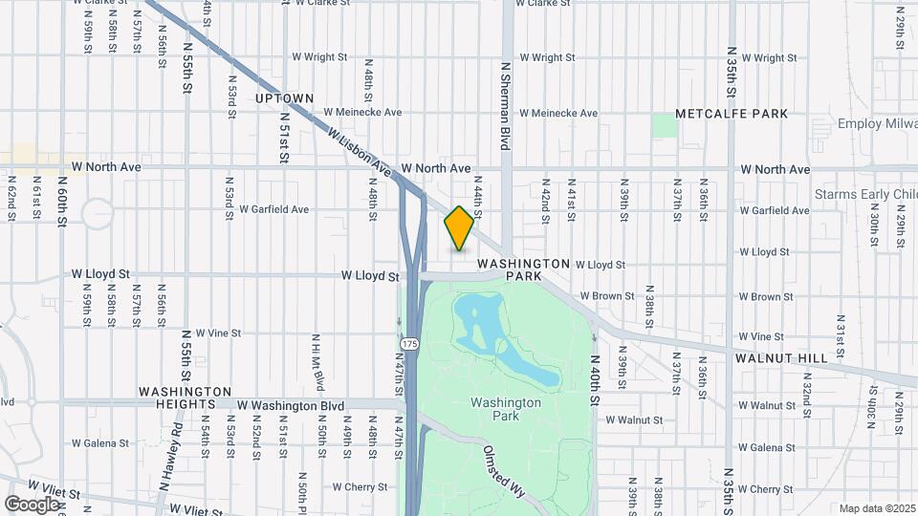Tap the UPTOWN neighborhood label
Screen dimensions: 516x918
[285, 98]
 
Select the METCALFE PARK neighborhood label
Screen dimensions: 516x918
[732, 114]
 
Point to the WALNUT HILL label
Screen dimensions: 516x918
[781, 357]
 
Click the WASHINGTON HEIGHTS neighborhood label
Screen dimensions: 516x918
[185, 398]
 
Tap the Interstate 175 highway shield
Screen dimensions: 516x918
[410, 343]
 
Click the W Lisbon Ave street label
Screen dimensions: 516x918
[360, 153]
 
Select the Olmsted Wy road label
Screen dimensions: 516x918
[504, 471]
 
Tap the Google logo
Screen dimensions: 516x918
[32, 504]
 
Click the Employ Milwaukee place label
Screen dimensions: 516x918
[876, 124]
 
